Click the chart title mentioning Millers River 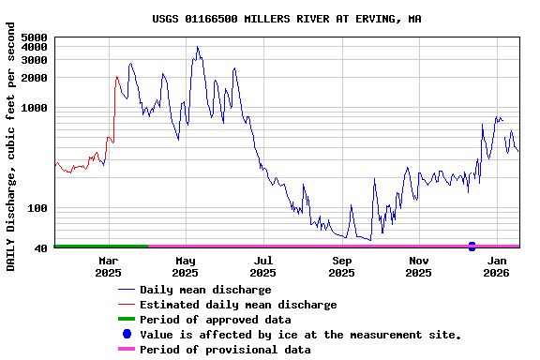click(286, 19)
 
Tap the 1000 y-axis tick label click(34, 108)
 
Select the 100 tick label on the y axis click(37, 208)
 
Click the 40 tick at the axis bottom click(40, 248)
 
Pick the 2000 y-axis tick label click(34, 78)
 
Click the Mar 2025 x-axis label click(108, 266)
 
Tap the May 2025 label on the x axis click(186, 266)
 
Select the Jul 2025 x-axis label click(263, 266)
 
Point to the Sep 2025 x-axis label click(341, 266)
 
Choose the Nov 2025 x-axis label click(419, 266)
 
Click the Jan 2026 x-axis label click(497, 266)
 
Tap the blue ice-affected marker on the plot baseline click(472, 247)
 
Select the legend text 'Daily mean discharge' click(205, 290)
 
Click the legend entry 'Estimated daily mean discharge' click(238, 305)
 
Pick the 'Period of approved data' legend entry click(215, 320)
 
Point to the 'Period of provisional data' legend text click(225, 350)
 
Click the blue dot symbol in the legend click(127, 335)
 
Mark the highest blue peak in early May click(197, 47)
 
